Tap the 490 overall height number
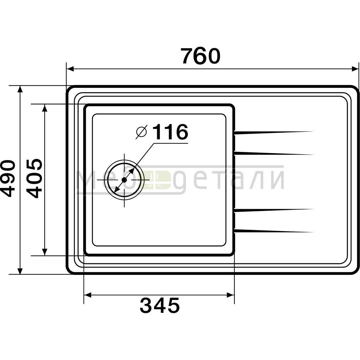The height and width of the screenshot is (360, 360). coord(8,178)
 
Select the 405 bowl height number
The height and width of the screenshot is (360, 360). coord(34,178)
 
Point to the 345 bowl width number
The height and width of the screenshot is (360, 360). coord(160,305)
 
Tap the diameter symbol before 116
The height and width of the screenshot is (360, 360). coord(141,132)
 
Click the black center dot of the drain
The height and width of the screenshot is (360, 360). coord(124,180)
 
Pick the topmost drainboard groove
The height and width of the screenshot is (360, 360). coord(274,133)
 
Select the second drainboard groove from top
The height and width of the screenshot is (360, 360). coord(274,153)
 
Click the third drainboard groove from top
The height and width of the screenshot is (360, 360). coord(274,210)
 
